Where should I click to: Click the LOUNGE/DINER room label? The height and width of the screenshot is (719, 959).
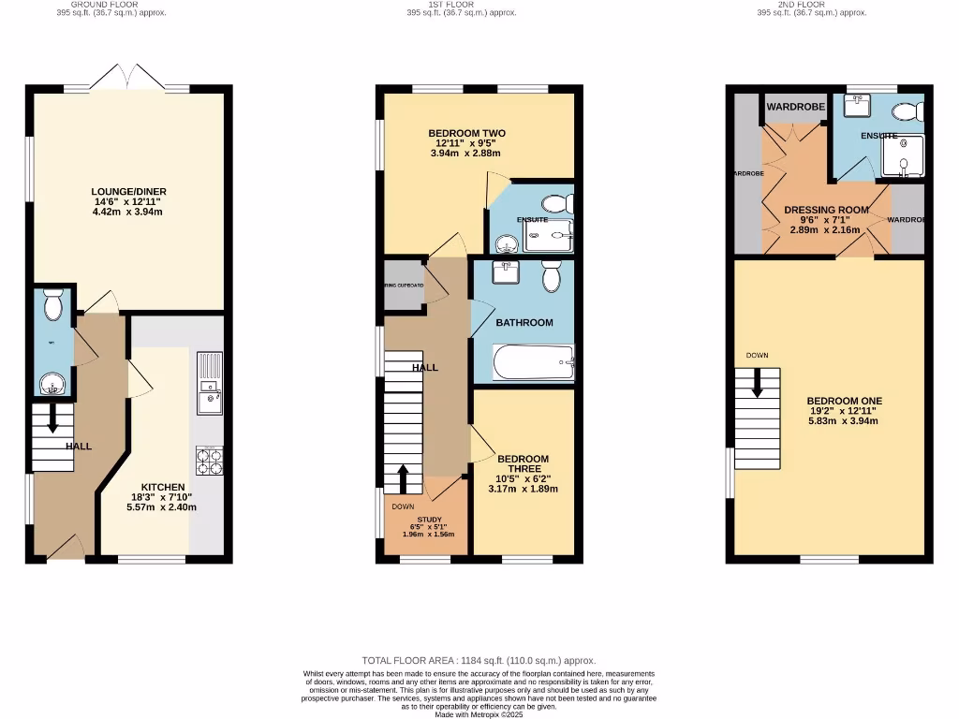129,192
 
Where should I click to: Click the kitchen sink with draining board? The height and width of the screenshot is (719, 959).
208,383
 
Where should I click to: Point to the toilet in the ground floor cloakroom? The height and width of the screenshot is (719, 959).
53,304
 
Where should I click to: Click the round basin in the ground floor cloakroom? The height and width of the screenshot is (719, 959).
53,383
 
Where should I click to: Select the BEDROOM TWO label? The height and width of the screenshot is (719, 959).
466,134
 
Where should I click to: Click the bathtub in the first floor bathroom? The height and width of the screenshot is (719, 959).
533,362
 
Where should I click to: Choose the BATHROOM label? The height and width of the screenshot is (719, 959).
524,322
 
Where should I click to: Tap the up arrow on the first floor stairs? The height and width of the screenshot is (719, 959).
403,478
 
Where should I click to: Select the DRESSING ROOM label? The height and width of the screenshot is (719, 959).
826,210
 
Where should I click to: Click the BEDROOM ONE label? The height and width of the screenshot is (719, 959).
832,401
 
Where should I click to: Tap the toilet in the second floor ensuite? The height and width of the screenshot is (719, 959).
907,112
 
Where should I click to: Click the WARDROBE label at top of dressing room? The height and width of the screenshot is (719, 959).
795,108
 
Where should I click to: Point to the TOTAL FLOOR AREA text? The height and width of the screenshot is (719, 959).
479,660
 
